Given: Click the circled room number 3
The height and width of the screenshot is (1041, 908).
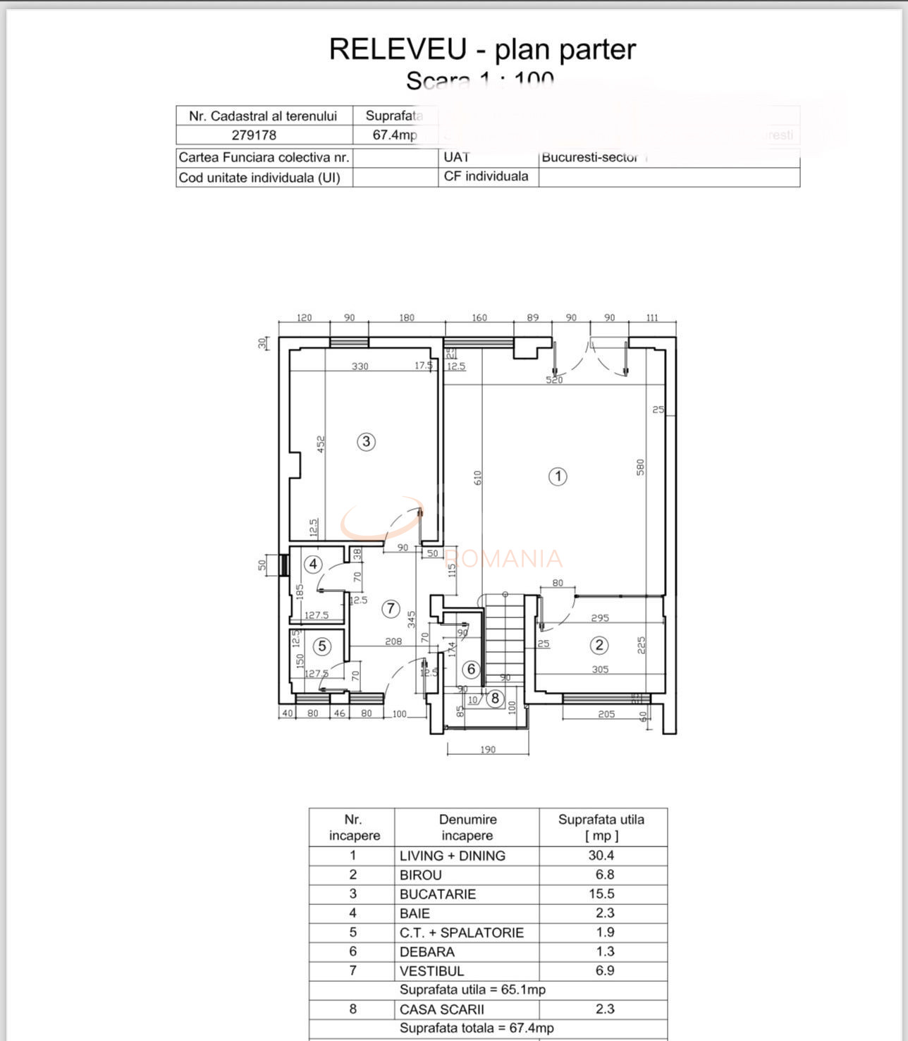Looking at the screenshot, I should coord(366,442).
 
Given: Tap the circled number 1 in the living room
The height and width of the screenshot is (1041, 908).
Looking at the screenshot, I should coord(558,476).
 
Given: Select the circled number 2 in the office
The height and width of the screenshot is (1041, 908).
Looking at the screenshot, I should coord(599,645).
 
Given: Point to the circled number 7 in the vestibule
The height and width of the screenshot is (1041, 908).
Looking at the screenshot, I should coord(391,609).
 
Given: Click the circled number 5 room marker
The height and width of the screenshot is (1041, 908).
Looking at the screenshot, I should coord(322,646).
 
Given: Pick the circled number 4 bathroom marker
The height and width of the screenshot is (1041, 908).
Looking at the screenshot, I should coord(313,564).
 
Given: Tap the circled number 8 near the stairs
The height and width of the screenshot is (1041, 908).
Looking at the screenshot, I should coord(496,698).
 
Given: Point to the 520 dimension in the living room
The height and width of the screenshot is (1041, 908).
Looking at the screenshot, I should coord(555,380).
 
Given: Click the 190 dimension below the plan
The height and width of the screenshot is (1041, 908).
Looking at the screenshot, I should coord(488,749).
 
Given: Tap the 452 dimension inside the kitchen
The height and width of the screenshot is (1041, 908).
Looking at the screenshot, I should coord(321,444).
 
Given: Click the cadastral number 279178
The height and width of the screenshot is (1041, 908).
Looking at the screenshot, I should coord(254,135).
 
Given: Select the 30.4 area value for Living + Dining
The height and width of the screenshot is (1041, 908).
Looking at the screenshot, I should coord(601,855).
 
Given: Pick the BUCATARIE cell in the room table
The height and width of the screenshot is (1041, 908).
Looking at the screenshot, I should coord(438,894).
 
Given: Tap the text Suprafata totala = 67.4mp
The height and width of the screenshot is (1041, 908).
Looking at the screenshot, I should coord(477,1028).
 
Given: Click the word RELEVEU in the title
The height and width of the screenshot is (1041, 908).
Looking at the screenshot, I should coord(398,49).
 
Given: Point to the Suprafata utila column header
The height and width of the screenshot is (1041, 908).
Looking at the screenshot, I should coord(601,827).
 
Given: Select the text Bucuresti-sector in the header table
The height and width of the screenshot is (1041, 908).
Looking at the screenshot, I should coord(589,157).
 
